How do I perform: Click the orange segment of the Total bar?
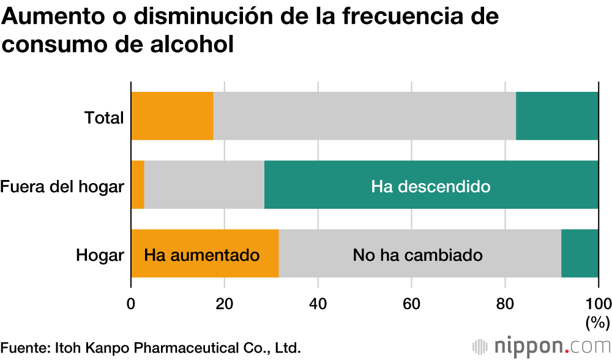coord(172,116)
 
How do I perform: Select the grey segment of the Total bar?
coord(364,116)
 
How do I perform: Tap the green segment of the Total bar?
coord(557,116)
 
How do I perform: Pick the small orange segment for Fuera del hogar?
coord(138,185)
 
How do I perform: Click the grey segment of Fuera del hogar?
coord(204,185)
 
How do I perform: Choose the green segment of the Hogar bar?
coord(580,253)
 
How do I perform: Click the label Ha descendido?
coord(430,186)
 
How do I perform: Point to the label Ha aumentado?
coord(202,255)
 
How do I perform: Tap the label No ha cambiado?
coord(417,255)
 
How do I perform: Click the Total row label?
coord(104,117)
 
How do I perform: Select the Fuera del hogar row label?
coord(62,186)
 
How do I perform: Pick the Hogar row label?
coord(100,255)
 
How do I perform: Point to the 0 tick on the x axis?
coord(131,303)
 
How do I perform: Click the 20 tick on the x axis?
coord(225,303)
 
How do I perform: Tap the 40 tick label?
coord(318,303)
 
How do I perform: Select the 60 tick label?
coord(411,303)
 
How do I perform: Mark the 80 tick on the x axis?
coord(505,303)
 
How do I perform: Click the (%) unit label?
coord(597,321)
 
